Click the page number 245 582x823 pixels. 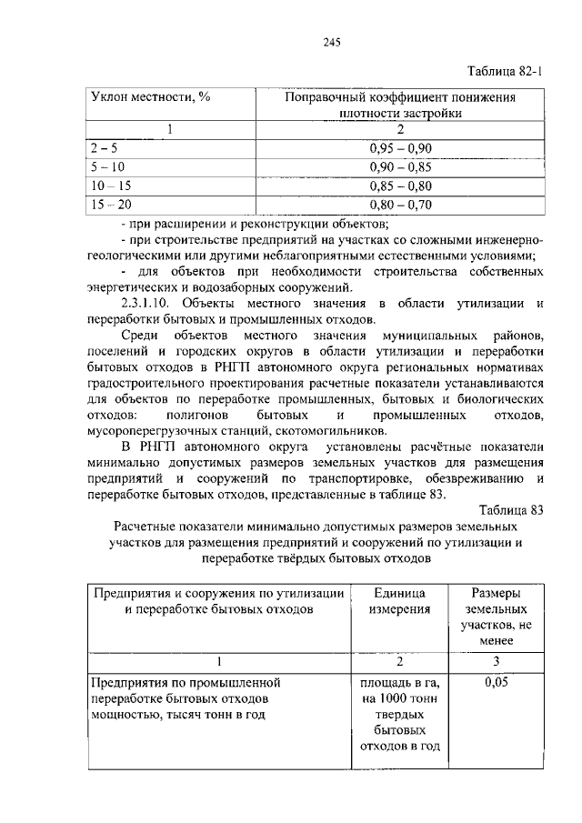coord(331,40)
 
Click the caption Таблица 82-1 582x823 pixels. coord(505,72)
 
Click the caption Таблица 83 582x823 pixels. coord(509,510)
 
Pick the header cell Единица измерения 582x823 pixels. coord(399,601)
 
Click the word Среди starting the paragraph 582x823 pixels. coord(139,336)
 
